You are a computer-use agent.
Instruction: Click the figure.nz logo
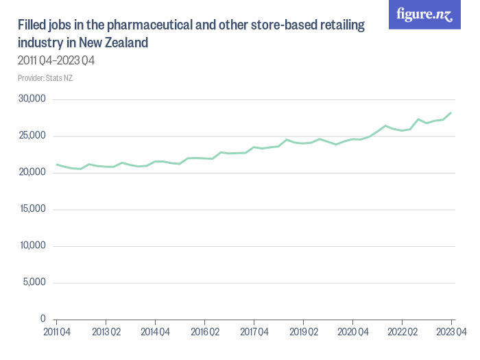click(424, 14)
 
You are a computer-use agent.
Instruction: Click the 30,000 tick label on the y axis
click(32, 99)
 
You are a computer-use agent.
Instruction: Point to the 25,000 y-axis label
click(32, 136)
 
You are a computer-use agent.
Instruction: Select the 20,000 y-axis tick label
click(32, 172)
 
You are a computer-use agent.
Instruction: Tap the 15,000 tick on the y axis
click(32, 209)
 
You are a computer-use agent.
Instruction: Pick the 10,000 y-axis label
click(32, 245)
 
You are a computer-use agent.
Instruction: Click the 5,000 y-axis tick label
click(34, 283)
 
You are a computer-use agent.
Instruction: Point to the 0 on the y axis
click(43, 319)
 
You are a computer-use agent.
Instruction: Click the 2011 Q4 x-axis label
click(56, 332)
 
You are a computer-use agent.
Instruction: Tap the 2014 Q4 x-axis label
click(155, 332)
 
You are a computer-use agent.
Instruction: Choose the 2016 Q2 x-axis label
click(204, 332)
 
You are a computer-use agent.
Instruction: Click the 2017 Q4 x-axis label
click(254, 332)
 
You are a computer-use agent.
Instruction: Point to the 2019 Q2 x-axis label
click(303, 332)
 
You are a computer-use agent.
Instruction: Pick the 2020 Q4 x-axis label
click(352, 332)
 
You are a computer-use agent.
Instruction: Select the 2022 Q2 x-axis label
click(402, 332)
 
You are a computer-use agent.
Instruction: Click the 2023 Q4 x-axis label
click(451, 332)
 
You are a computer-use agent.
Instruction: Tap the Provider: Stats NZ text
click(45, 77)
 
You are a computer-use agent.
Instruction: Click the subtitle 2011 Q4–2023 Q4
click(56, 61)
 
